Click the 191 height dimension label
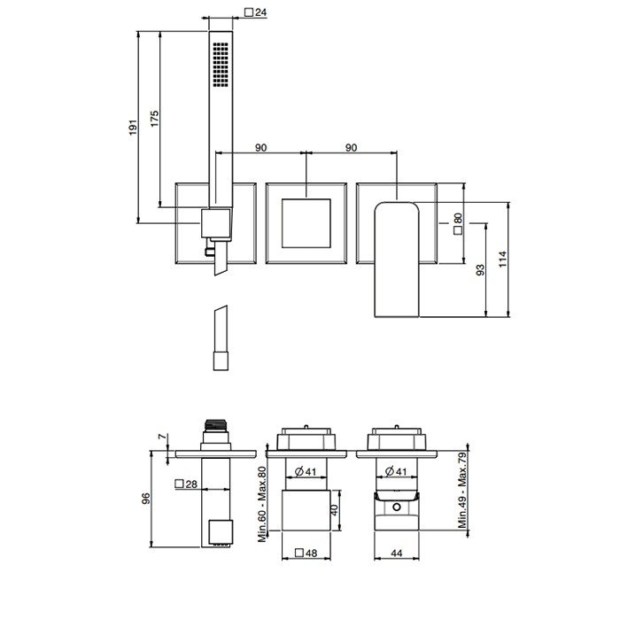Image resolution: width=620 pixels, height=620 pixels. pyautogui.click(x=133, y=128)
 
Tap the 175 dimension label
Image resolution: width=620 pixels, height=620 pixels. pyautogui.click(x=155, y=119)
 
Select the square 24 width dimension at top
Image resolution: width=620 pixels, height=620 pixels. pyautogui.click(x=256, y=12)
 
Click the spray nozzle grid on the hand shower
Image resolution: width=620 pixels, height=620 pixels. pyautogui.click(x=221, y=64)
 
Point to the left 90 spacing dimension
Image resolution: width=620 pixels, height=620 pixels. pyautogui.click(x=260, y=148)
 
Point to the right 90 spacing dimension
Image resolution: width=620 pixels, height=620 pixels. pyautogui.click(x=351, y=148)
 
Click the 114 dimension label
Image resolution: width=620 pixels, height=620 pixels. pyautogui.click(x=502, y=259)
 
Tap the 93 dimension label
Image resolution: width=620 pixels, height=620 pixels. pyautogui.click(x=480, y=270)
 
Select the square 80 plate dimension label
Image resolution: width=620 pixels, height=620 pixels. pyautogui.click(x=458, y=224)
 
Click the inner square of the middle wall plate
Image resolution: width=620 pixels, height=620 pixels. pyautogui.click(x=306, y=223)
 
